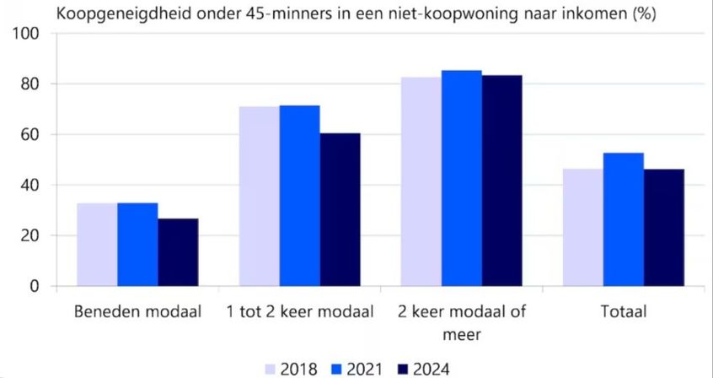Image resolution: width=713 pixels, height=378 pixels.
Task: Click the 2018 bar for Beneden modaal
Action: point(97,245)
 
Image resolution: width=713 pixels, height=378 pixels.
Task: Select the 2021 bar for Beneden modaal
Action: point(137,245)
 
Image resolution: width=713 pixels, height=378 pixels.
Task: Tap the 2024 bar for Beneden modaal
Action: point(178,252)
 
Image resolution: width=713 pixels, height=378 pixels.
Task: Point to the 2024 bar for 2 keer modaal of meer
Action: point(502,181)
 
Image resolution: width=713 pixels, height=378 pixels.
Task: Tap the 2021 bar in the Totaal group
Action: point(624,219)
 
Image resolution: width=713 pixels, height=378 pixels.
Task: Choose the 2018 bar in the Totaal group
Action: point(583,228)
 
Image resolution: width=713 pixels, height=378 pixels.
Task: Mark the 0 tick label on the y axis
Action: point(35,286)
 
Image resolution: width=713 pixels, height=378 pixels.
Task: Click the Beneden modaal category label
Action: point(138,313)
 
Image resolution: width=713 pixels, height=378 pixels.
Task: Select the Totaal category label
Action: point(624,313)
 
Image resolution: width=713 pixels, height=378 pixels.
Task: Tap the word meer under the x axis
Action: point(462,334)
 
